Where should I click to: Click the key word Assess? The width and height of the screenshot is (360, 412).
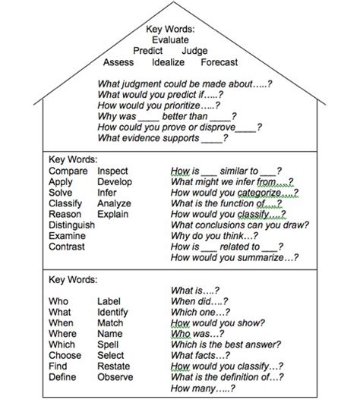click(x=118, y=62)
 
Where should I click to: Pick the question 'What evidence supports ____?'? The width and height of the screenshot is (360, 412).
click(x=162, y=140)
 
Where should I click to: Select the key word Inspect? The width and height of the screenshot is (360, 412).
click(x=113, y=171)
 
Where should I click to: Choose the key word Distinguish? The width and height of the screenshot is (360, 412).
click(x=71, y=225)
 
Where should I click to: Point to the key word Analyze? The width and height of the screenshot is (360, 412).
click(x=114, y=204)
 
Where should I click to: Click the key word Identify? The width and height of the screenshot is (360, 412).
click(x=113, y=312)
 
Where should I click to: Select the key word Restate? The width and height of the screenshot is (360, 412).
click(x=113, y=366)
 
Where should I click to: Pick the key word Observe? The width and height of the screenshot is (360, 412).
click(x=115, y=377)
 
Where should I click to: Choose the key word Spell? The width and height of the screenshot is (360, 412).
click(x=109, y=344)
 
